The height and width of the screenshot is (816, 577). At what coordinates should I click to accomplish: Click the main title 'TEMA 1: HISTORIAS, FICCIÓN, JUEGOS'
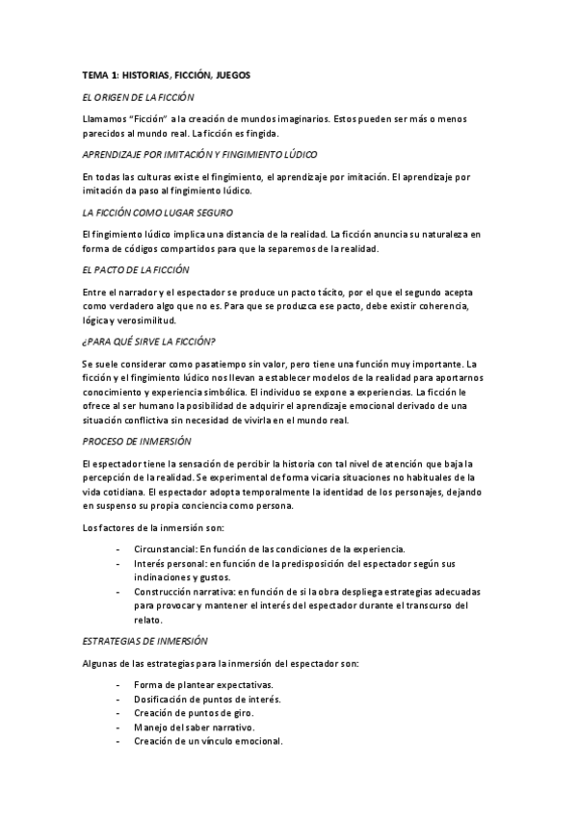coord(166,74)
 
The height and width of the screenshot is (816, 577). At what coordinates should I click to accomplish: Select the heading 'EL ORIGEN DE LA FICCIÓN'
coord(138,97)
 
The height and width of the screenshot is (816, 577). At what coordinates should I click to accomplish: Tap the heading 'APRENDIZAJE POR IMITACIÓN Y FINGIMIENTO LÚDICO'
coord(200,154)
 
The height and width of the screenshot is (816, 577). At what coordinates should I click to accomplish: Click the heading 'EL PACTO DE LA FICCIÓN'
coord(136,269)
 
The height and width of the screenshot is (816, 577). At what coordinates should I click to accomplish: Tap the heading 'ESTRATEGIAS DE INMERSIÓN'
coord(144,640)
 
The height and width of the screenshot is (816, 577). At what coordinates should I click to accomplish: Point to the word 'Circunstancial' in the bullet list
coord(166,548)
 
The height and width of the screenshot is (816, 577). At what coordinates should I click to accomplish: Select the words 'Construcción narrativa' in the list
coord(184,591)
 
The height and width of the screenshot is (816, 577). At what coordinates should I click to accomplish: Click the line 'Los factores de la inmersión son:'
coord(153,526)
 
